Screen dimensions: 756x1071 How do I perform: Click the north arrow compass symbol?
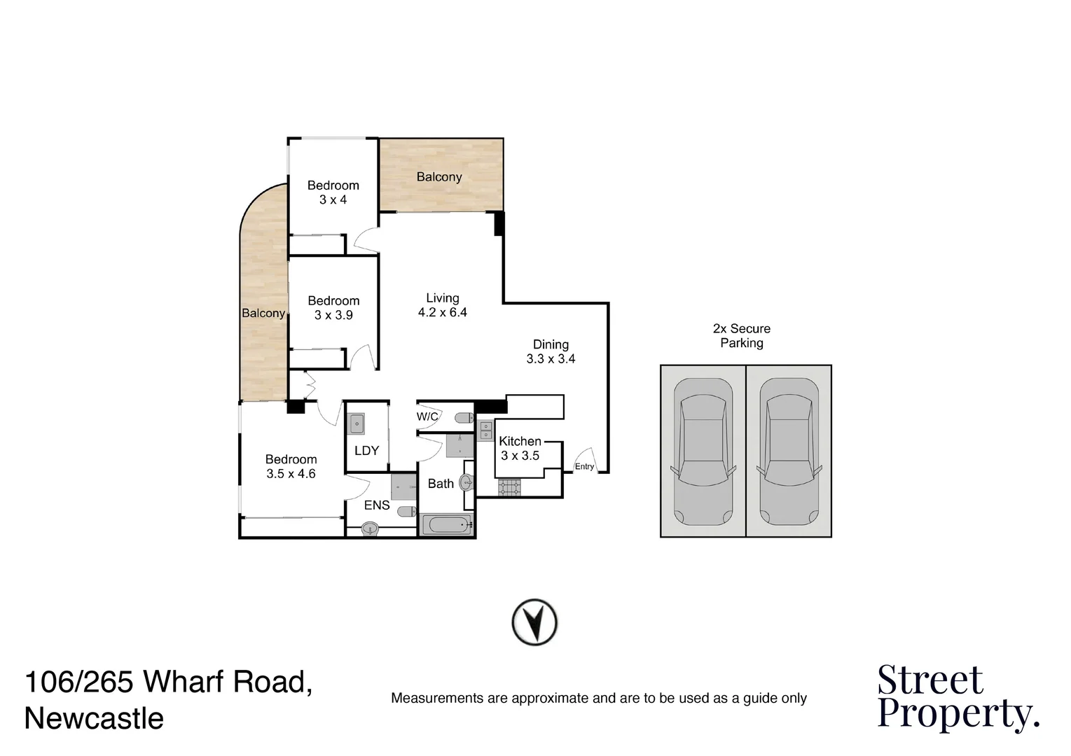coord(534,622)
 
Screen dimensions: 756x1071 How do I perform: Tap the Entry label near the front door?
coord(584,467)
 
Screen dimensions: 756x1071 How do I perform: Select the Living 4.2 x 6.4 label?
coord(442,305)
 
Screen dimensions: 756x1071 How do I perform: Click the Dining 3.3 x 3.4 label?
coord(551,351)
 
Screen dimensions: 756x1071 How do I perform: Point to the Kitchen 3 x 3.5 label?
coord(520,448)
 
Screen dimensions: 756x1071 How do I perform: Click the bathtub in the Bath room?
coord(447,525)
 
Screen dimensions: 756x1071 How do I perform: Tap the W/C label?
coord(427,417)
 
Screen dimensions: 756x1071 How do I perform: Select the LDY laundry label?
coord(366,451)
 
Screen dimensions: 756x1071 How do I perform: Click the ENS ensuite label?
coord(377,505)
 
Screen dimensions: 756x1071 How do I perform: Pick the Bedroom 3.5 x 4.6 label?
coord(291,466)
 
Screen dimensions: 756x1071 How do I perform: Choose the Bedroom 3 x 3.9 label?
coord(333,308)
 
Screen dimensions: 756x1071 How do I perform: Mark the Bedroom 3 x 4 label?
coord(333,192)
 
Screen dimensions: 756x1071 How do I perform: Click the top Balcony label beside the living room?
coord(439,177)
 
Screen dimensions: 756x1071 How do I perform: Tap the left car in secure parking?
coord(703,451)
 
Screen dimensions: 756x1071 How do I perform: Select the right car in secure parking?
coord(788,451)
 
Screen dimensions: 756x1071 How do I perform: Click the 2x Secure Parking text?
coord(742,336)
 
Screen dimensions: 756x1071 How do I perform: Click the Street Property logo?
coord(958,697)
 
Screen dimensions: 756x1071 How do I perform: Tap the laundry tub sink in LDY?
coord(357,424)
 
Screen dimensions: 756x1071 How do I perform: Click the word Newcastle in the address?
coord(94,719)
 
